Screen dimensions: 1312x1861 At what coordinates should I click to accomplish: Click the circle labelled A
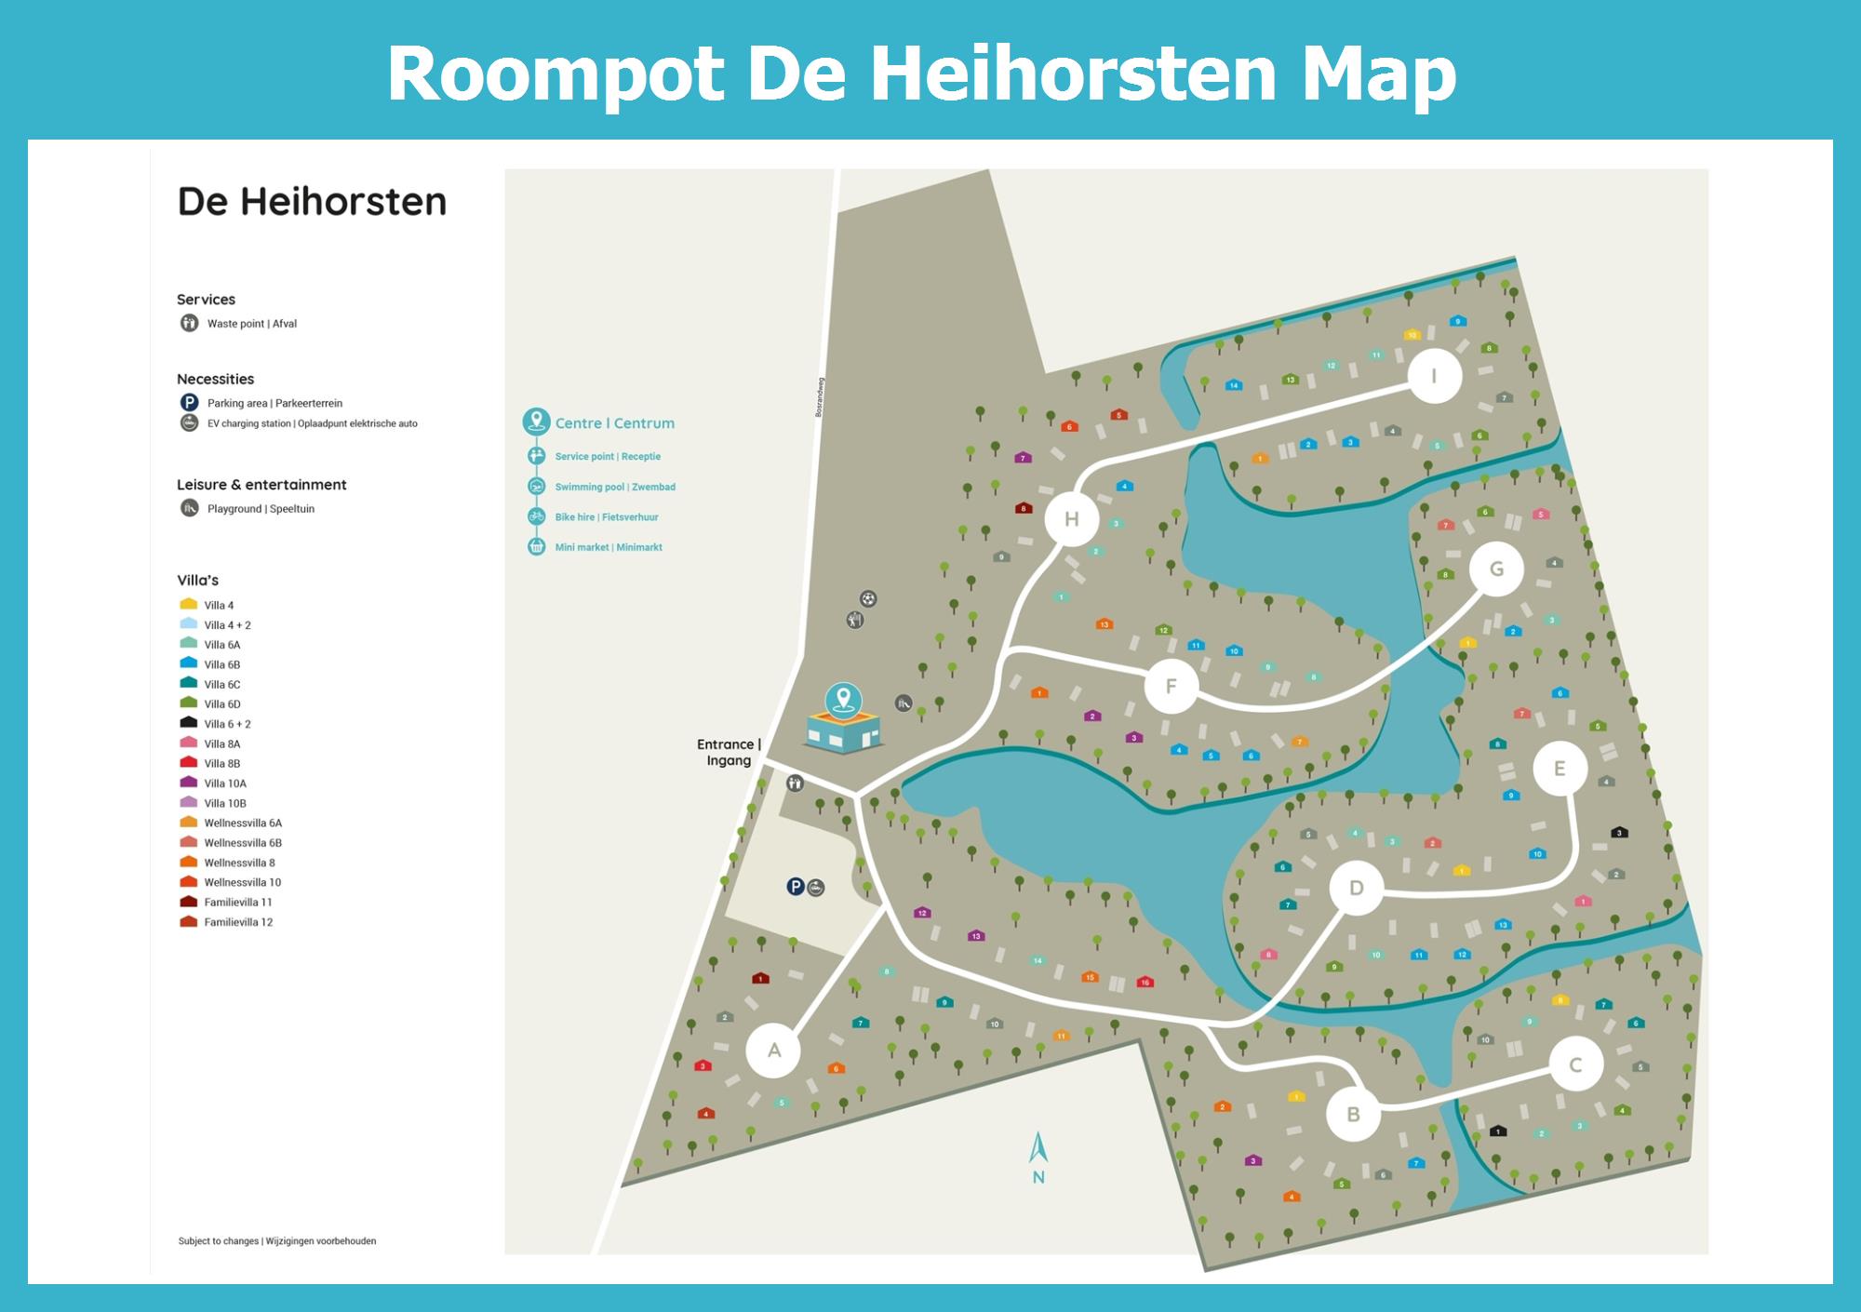click(773, 1051)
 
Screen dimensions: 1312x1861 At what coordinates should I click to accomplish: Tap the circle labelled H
click(1072, 519)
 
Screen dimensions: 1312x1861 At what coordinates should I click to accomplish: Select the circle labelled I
click(1434, 376)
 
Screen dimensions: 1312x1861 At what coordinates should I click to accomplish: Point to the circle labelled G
click(1496, 569)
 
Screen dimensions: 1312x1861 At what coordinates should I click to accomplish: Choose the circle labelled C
click(1575, 1064)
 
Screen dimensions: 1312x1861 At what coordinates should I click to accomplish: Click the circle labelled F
click(1171, 686)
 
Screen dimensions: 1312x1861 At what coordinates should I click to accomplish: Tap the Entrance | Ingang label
click(729, 752)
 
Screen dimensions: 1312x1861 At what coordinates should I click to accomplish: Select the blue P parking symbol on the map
click(795, 887)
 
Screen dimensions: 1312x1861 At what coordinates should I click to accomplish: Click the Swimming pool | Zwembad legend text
click(614, 487)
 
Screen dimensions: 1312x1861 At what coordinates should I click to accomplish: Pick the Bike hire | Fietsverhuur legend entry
click(606, 517)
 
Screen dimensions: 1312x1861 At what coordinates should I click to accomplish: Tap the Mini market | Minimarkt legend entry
click(608, 547)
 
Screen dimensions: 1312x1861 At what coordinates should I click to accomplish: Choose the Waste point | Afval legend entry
click(251, 324)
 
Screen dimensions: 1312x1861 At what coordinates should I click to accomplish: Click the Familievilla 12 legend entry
click(237, 922)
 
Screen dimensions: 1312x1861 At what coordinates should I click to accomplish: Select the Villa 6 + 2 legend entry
click(227, 724)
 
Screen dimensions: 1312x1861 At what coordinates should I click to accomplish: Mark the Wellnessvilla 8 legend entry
click(239, 863)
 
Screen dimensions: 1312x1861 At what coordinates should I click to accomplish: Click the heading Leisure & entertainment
click(261, 485)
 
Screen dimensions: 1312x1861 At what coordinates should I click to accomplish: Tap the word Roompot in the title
click(556, 74)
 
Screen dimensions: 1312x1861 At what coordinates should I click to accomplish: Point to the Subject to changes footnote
click(277, 1241)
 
